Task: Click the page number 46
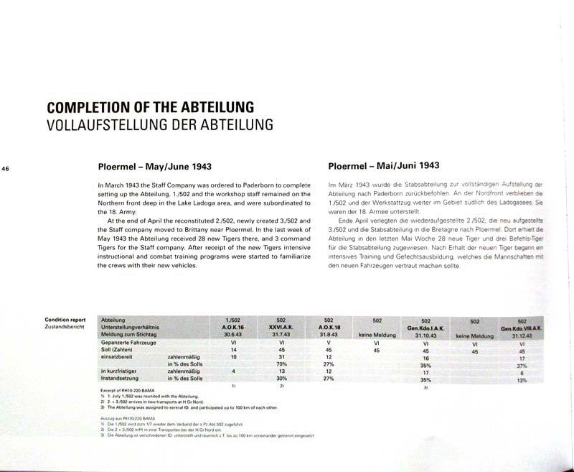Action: pos(6,169)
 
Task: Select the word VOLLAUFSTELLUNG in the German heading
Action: pos(103,124)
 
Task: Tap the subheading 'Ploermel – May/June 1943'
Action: pos(154,167)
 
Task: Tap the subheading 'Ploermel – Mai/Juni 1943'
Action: pos(384,165)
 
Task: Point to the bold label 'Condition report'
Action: pos(65,319)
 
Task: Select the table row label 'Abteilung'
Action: pos(114,319)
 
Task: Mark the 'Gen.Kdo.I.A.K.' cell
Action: pos(425,328)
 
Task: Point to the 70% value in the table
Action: pos(282,364)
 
